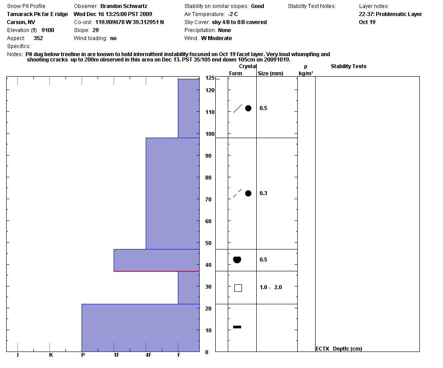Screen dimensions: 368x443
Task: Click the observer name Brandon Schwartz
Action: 123,6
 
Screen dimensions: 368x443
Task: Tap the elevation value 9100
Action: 48,30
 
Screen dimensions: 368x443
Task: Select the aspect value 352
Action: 38,38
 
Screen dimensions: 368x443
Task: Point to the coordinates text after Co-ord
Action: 129,22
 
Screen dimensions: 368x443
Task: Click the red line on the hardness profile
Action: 156,271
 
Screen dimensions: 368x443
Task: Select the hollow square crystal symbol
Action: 238,288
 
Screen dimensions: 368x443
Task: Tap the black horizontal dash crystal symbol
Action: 237,327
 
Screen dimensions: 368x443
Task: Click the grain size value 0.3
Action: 263,193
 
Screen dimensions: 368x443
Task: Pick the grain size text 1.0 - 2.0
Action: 271,287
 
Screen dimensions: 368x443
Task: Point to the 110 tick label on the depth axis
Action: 210,112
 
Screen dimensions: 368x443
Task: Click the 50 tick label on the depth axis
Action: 208,243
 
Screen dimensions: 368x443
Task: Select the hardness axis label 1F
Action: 116,355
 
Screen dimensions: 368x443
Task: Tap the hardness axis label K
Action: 51,355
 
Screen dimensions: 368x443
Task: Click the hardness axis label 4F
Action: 148,355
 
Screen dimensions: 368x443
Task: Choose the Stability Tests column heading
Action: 348,66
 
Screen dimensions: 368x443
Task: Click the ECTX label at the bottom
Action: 322,349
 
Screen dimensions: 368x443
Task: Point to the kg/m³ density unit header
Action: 306,74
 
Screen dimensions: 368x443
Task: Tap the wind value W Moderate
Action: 216,38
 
